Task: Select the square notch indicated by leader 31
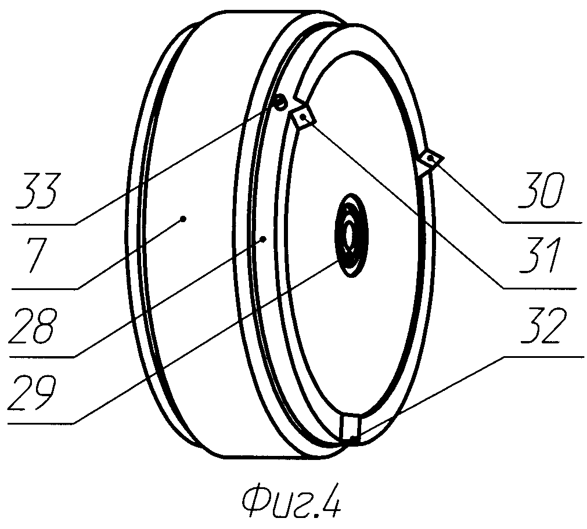click(304, 118)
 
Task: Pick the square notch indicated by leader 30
click(430, 159)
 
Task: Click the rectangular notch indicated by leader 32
click(351, 429)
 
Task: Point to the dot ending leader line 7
click(183, 219)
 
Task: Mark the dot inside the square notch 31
click(304, 118)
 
